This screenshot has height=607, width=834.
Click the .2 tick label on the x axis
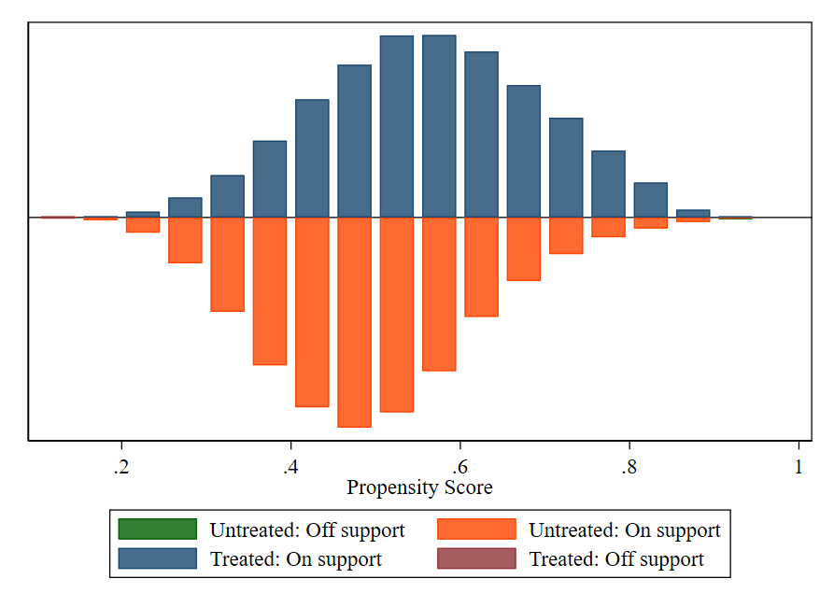tap(120, 467)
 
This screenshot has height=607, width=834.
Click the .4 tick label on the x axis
tap(290, 467)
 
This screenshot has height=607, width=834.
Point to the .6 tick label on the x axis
tap(459, 467)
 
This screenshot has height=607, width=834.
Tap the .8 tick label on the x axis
tap(629, 467)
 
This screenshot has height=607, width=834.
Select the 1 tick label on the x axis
tap(799, 467)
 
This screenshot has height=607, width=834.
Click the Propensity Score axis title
tap(419, 487)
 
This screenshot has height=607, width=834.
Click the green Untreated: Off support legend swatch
tap(158, 529)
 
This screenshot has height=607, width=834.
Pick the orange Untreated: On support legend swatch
tap(476, 529)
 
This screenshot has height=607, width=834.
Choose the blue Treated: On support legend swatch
tap(158, 558)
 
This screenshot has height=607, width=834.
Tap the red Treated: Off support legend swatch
tap(476, 558)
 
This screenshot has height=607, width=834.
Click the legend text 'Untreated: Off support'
tap(307, 530)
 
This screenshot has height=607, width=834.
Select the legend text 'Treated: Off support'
tap(616, 559)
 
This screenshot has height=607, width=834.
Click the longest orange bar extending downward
tap(354, 322)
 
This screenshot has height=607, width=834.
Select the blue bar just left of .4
tap(270, 179)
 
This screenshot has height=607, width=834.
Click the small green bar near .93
tap(735, 218)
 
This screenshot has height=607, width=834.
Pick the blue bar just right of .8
tap(651, 200)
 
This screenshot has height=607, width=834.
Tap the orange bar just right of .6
tap(481, 267)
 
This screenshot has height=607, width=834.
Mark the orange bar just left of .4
tap(270, 290)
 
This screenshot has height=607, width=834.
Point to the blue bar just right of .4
tap(312, 159)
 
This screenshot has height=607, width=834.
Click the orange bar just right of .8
tap(651, 223)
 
